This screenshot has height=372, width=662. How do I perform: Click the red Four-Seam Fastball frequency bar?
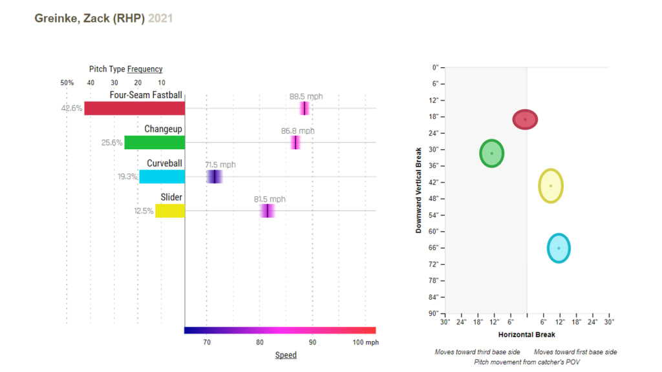134,108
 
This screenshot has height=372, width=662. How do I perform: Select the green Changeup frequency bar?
155,142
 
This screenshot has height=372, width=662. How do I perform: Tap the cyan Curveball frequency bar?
162,176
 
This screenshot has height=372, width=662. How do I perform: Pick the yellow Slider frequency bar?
170,211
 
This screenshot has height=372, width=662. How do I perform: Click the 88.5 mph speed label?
306,97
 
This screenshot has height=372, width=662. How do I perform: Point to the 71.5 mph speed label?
220,165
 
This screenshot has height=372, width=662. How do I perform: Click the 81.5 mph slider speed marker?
267,211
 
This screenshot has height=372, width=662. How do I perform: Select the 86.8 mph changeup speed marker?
295,142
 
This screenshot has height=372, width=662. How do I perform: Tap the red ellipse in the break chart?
525,119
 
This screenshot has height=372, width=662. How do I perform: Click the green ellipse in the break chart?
491,153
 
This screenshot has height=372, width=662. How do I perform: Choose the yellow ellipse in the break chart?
551,186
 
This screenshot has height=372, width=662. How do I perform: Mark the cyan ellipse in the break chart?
559,248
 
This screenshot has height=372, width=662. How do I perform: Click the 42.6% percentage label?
72,108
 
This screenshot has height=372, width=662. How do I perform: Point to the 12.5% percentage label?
144,211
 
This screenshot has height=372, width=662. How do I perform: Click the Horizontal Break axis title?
527,335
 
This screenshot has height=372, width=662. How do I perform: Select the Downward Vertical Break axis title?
418,190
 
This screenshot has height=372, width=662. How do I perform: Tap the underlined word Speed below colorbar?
286,355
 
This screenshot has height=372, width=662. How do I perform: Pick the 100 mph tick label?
366,342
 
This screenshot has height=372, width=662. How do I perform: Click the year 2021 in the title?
160,19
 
